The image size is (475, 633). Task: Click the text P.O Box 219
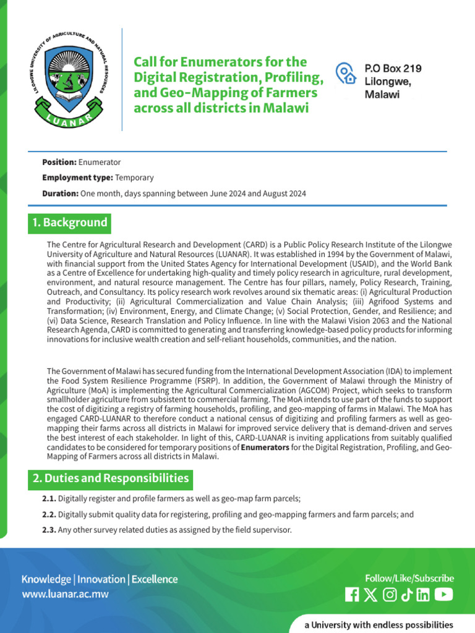(x=393, y=69)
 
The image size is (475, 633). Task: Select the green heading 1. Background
(x=69, y=223)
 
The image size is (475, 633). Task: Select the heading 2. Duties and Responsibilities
(x=111, y=478)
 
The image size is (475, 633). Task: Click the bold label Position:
(x=59, y=162)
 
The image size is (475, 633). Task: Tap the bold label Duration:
(x=60, y=194)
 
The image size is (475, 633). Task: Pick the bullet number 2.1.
(x=49, y=499)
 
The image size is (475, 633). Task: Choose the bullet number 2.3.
(x=49, y=530)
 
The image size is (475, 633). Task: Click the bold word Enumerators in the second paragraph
(x=265, y=448)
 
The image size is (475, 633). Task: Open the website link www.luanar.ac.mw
(x=66, y=595)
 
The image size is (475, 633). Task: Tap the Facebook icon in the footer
(x=351, y=595)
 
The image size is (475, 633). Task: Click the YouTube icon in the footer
(x=443, y=595)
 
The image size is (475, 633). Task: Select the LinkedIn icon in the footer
(x=423, y=595)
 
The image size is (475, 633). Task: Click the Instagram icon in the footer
(x=390, y=595)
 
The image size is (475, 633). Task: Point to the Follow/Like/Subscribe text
(x=409, y=579)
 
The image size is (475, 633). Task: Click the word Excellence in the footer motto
(x=154, y=579)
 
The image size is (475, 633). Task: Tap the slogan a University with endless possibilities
(x=379, y=625)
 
